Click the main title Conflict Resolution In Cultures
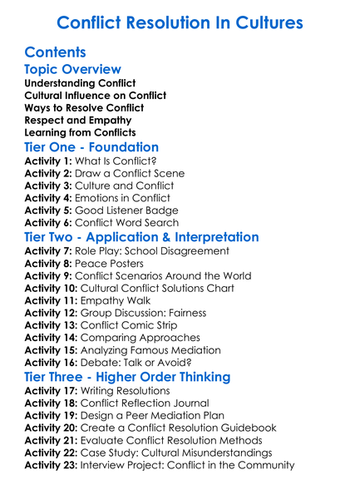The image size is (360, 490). pos(180,21)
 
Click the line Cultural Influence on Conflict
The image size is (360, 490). pos(96,96)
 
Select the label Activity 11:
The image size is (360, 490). pos(52,300)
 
